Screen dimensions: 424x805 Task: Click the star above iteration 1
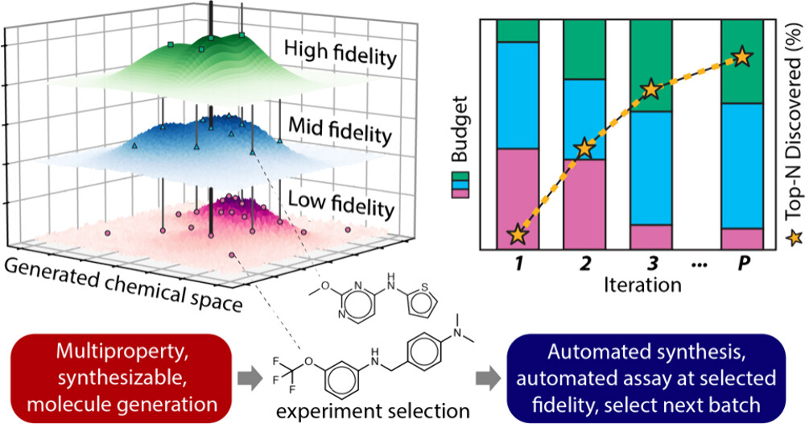pos(518,235)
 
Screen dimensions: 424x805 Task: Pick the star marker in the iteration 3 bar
pos(650,89)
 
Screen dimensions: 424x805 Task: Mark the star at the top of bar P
pos(741,57)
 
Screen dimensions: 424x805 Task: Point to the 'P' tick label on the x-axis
pos(741,264)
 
